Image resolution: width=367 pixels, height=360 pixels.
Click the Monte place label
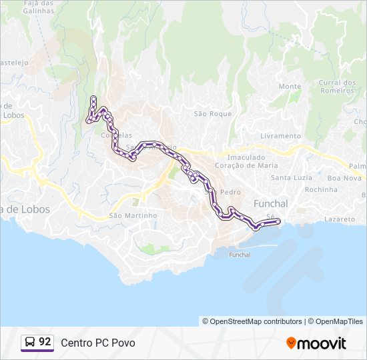tap(290, 86)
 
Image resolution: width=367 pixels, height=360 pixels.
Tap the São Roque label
tap(212, 113)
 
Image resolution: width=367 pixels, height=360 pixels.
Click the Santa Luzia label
tap(291, 177)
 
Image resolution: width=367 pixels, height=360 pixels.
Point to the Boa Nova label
tap(344, 178)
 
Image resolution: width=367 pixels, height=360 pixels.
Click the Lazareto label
tap(339, 219)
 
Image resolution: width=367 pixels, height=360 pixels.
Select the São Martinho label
tap(133, 215)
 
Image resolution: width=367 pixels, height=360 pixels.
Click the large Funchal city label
tap(270, 203)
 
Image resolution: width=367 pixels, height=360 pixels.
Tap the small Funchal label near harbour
tap(240, 255)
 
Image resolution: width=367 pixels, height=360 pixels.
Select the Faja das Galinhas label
tap(39, 7)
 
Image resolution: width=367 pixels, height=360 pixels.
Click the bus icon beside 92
tap(30, 342)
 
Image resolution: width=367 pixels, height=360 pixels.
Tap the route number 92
tap(45, 342)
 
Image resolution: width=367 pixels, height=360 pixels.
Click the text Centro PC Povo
tap(97, 343)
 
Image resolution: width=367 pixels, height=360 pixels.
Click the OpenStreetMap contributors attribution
tap(252, 321)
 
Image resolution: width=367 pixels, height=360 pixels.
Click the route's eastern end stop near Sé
tap(278, 221)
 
